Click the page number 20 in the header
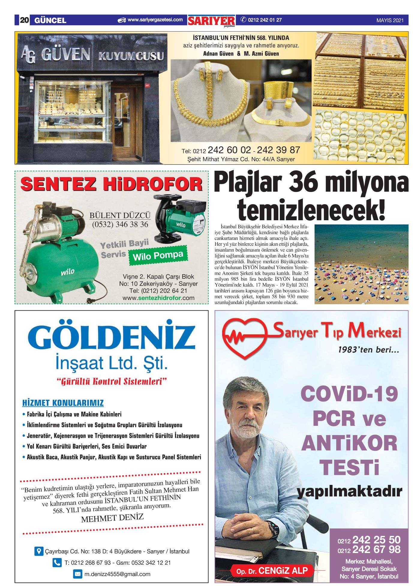pos(24,20)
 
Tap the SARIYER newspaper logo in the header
pos(211,21)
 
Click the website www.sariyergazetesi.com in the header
pos(155,20)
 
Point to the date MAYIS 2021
pos(390,20)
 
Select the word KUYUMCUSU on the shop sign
pos(131,56)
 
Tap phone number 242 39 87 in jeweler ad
pos(278,150)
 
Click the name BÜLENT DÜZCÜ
pos(120,215)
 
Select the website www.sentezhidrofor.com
pos(158,298)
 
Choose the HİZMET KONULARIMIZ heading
pos(63,403)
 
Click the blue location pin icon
pos(39,551)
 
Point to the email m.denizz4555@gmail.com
pos(117,574)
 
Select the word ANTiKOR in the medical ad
pos(349,443)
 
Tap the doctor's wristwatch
pos(273,529)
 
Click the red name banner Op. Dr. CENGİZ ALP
pos(272,570)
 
